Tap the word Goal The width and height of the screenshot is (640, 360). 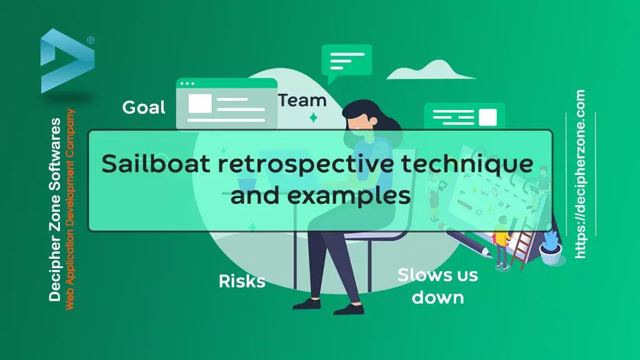click(x=144, y=107)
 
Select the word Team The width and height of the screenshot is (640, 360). click(x=302, y=101)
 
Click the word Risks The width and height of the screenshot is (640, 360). click(x=242, y=281)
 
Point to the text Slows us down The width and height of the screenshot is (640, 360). click(x=437, y=286)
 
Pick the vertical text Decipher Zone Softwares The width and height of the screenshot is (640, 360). click(x=55, y=209)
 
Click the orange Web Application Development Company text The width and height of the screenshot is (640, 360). click(x=70, y=209)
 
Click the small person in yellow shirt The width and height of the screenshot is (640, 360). click(x=501, y=243)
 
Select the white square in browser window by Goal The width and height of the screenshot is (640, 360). click(x=199, y=103)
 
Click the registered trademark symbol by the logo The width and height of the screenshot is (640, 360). click(x=91, y=40)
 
